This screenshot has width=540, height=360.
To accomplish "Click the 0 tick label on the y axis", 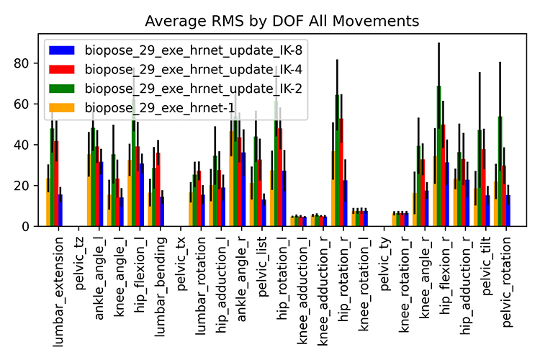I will click(27, 227).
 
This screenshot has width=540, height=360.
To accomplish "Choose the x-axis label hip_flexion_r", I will click(447, 270).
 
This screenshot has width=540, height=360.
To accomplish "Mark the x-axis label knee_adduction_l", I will click(305, 277).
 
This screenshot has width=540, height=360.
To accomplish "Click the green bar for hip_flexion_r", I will click(438, 158).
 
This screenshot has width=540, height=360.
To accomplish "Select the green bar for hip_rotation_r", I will click(338, 162).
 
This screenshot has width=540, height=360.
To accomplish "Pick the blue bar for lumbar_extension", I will click(60, 210).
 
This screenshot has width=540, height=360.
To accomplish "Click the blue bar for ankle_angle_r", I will click(243, 191).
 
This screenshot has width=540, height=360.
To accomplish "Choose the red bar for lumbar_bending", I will click(158, 191).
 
